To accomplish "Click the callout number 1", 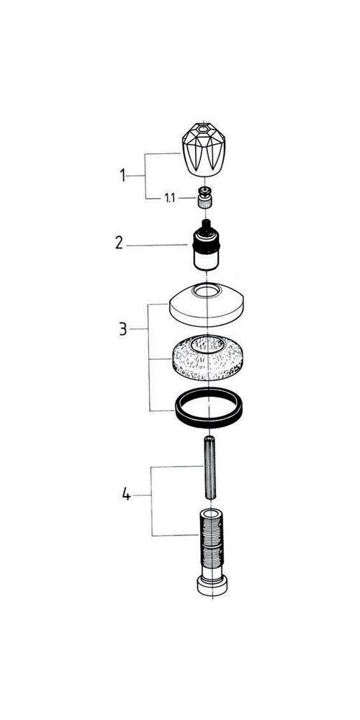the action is point(122,175).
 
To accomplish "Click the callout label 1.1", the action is point(169,198).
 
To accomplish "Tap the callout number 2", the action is point(120,243).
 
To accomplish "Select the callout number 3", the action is point(122,329).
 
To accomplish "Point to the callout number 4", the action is point(126,495).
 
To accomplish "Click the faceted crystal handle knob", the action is point(202,149).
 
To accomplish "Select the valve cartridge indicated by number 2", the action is point(205,246).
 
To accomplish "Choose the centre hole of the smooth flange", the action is point(207,290).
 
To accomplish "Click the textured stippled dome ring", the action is point(207,358).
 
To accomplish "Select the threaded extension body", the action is point(212,543).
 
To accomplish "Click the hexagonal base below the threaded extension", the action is point(212,586).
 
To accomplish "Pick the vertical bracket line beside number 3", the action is point(149,357).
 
